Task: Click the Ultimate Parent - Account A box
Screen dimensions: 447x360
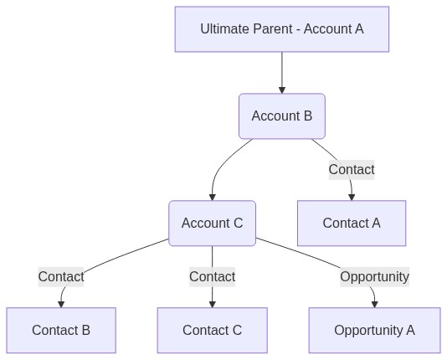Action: (282, 29)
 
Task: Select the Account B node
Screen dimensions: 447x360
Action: (282, 116)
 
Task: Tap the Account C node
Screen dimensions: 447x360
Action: (212, 224)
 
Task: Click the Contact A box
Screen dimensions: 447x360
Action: (352, 224)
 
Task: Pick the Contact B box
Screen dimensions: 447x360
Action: (61, 331)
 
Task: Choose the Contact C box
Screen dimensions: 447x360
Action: (212, 331)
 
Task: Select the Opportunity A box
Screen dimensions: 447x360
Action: (374, 331)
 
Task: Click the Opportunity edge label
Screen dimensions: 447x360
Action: (374, 277)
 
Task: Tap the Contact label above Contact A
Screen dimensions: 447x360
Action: (352, 170)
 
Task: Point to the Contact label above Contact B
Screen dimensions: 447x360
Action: (61, 277)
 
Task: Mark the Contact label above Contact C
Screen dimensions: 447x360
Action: (212, 277)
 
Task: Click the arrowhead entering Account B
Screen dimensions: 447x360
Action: (282, 90)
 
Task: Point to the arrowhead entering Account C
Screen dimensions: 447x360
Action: (212, 198)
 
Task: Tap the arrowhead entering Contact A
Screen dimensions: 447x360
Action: (352, 198)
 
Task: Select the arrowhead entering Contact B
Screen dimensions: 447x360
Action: (61, 305)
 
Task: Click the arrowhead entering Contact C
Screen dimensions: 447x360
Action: (212, 305)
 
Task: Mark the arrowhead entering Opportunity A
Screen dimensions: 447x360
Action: (374, 305)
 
